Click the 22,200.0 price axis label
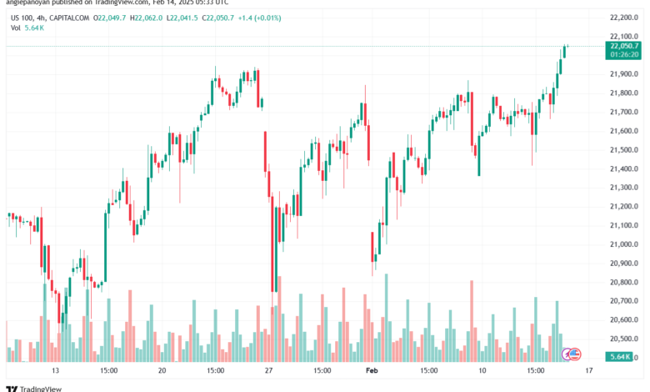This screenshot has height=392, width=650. (x=622, y=17)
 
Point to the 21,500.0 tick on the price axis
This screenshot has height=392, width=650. (x=622, y=149)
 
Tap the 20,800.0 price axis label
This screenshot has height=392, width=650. (x=622, y=282)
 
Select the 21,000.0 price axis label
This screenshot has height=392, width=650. (x=622, y=244)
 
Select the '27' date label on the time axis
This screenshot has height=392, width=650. (x=269, y=369)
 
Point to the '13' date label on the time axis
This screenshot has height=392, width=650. (x=55, y=369)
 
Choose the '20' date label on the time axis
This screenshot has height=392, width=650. (x=162, y=369)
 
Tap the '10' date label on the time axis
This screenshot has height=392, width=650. (x=482, y=369)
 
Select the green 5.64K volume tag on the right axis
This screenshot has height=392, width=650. (x=619, y=357)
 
